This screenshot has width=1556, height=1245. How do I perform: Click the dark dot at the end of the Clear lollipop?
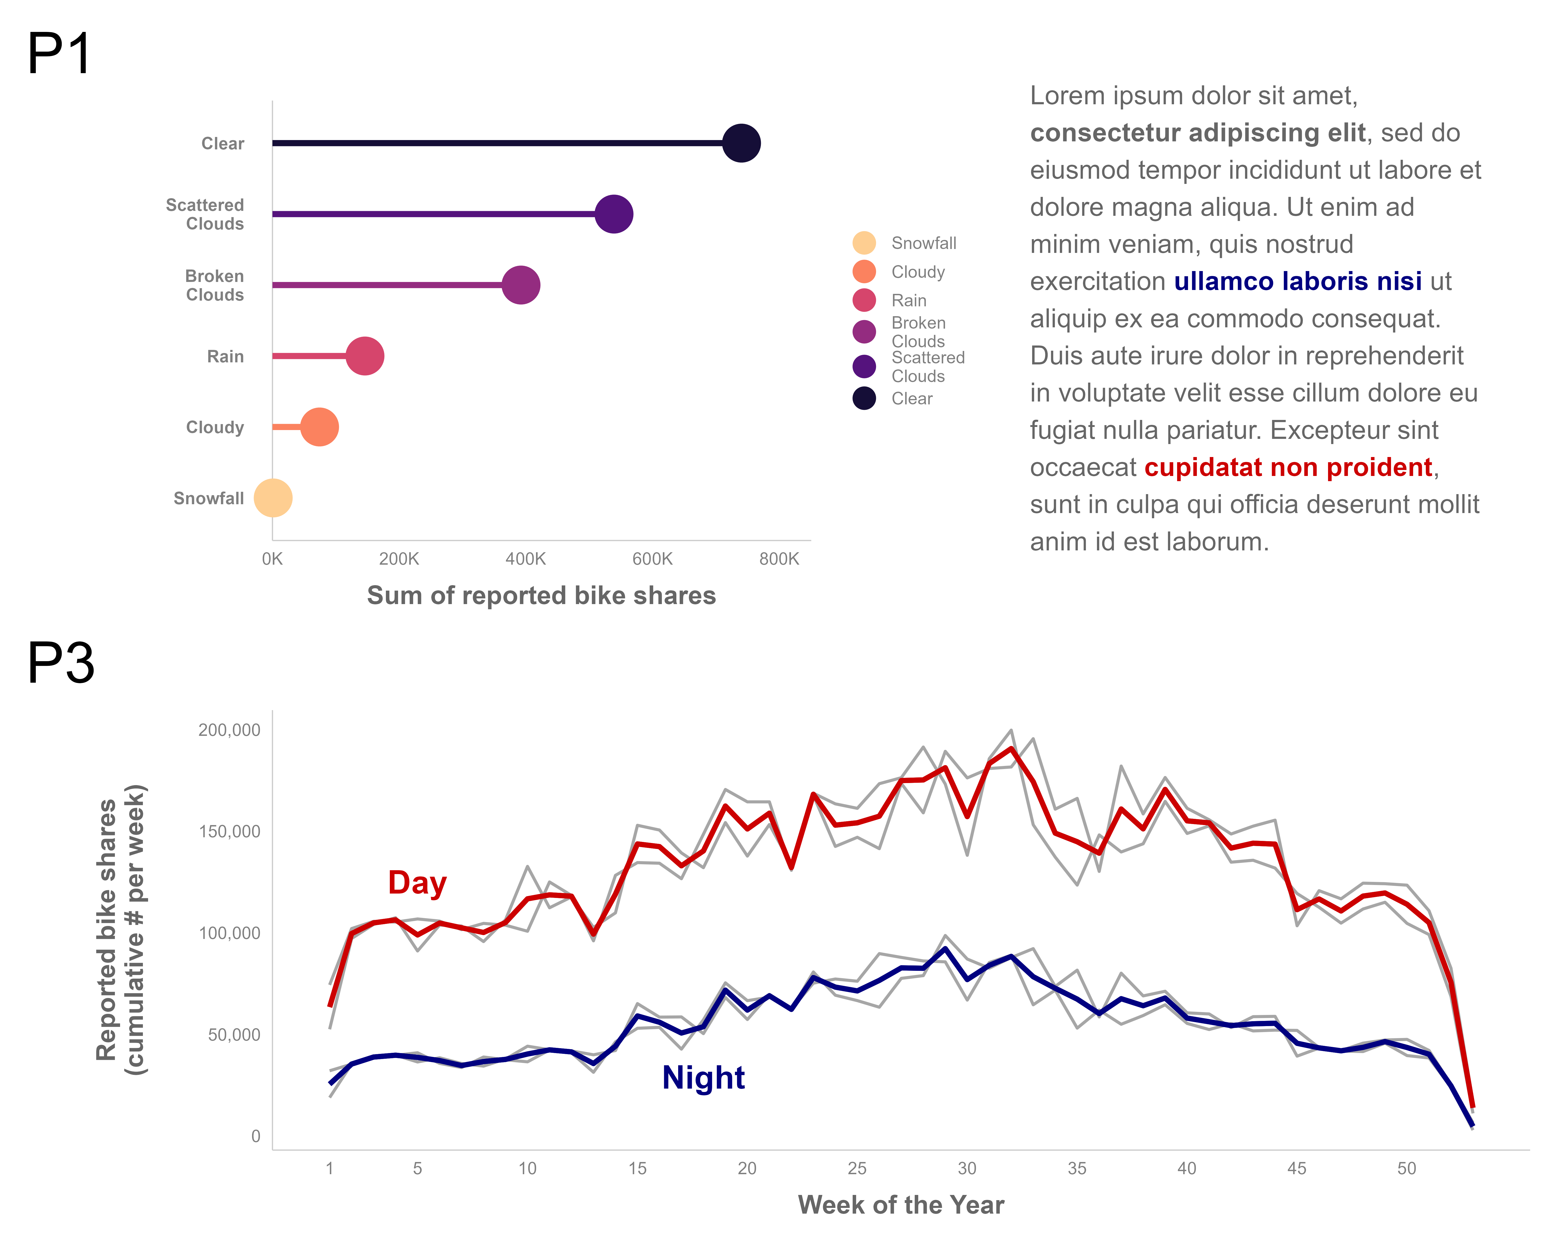pos(741,143)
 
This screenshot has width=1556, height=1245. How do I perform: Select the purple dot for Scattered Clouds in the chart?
pos(614,214)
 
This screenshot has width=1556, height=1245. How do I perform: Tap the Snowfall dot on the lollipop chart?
pos(273,498)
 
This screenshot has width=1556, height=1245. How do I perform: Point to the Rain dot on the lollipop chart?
pos(364,356)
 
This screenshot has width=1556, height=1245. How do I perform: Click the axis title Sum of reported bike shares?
pos(541,596)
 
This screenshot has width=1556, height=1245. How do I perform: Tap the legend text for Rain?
pos(909,300)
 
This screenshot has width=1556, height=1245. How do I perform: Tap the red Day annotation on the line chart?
pos(417,882)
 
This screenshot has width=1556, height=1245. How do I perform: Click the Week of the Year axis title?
pos(901,1205)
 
